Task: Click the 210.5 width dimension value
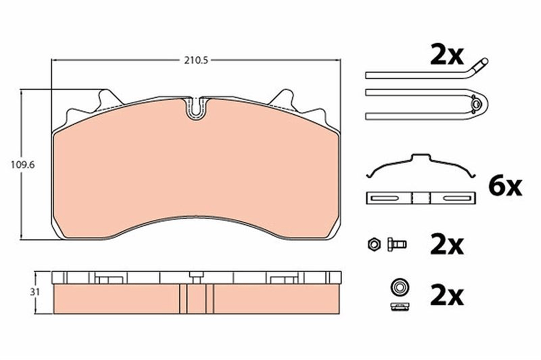196,61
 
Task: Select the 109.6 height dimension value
23,165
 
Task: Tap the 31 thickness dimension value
35,292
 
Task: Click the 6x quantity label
505,187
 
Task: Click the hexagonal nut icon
374,244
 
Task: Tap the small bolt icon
397,245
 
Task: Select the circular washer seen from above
400,287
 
